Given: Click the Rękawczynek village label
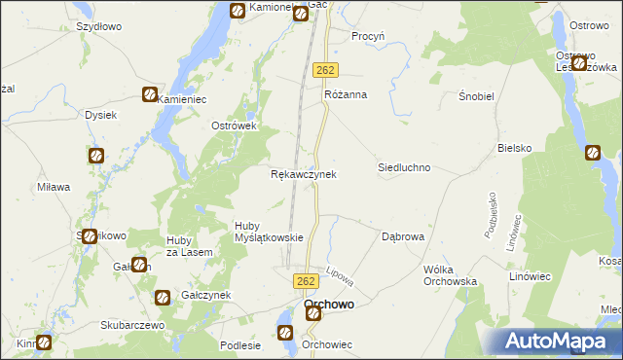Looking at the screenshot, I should [303, 174].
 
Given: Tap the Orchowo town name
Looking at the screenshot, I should [329, 305].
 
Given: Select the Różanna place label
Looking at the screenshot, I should [345, 94].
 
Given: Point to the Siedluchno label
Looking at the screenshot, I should [404, 167].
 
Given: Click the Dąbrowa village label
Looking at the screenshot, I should [402, 236].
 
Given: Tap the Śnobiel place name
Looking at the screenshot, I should [478, 97].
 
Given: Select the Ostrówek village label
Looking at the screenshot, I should [234, 126].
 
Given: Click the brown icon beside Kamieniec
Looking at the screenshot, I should [150, 94].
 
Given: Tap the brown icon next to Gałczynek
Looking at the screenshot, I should [162, 297].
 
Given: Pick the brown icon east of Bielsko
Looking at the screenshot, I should [593, 152].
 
